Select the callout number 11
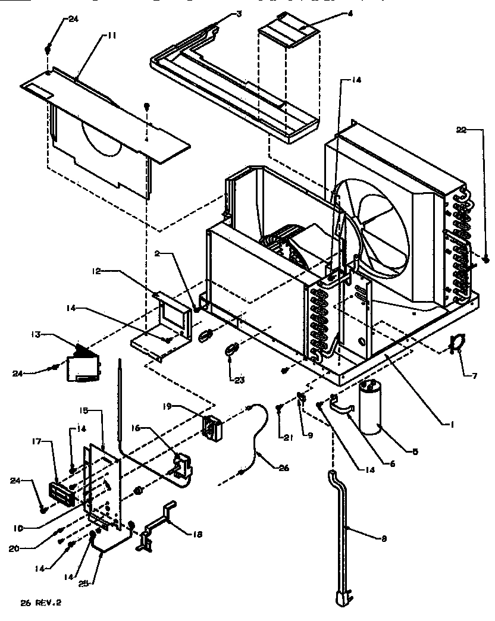point(111,35)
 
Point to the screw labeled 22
point(486,259)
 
